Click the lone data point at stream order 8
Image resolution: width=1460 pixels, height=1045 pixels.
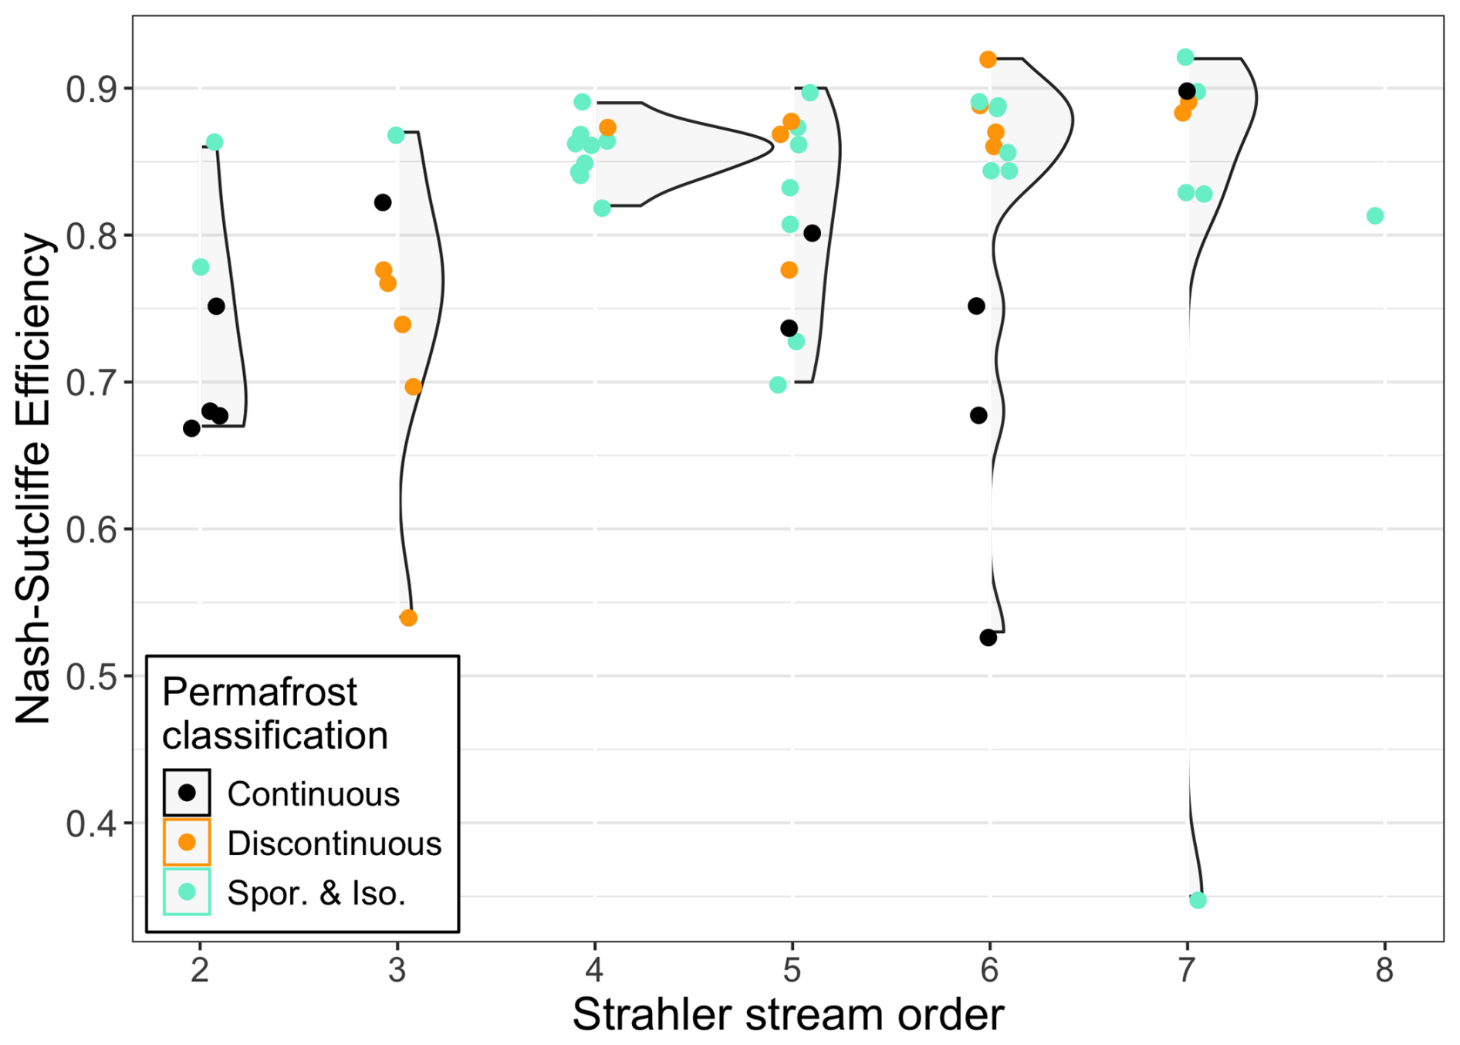click(1374, 216)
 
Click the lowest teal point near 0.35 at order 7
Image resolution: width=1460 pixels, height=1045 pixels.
click(1198, 900)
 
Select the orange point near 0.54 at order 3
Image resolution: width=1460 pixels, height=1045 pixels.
click(408, 618)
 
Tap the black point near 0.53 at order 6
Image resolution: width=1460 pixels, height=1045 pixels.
click(988, 637)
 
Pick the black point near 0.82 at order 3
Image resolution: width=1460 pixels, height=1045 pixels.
click(382, 203)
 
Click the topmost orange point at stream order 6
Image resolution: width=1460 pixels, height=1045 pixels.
click(988, 59)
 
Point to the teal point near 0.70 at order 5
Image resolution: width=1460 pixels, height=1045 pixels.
click(778, 385)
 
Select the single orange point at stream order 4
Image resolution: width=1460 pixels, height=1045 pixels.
click(607, 127)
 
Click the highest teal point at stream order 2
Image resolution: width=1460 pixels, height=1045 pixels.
click(215, 142)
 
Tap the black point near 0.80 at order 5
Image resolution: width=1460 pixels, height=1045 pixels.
click(812, 233)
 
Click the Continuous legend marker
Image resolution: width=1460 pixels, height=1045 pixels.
click(187, 793)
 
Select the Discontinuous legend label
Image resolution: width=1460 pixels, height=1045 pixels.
click(334, 844)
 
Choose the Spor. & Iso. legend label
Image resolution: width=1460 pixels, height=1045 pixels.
click(316, 893)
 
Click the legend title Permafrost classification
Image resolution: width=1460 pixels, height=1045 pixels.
click(275, 713)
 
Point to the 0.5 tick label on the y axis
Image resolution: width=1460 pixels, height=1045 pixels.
click(90, 677)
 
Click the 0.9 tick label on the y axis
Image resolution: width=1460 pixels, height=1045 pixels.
click(90, 90)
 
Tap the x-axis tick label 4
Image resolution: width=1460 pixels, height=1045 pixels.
click(594, 970)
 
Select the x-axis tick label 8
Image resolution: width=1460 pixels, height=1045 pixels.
click(1384, 970)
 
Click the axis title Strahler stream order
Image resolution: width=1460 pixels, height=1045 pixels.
click(788, 1014)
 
